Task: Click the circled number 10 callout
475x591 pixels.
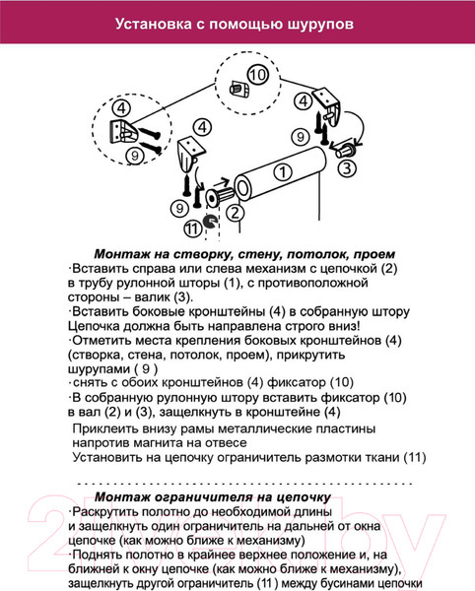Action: [x=257, y=75]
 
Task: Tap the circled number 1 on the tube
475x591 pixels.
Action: [x=283, y=171]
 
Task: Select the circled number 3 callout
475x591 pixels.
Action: [x=347, y=167]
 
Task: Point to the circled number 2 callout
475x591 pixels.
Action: [x=234, y=212]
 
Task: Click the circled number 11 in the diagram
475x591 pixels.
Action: [x=192, y=227]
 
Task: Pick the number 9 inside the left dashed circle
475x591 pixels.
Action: [x=134, y=155]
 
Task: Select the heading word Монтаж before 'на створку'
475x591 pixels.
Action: [x=122, y=252]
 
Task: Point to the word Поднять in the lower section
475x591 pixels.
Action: [x=102, y=556]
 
